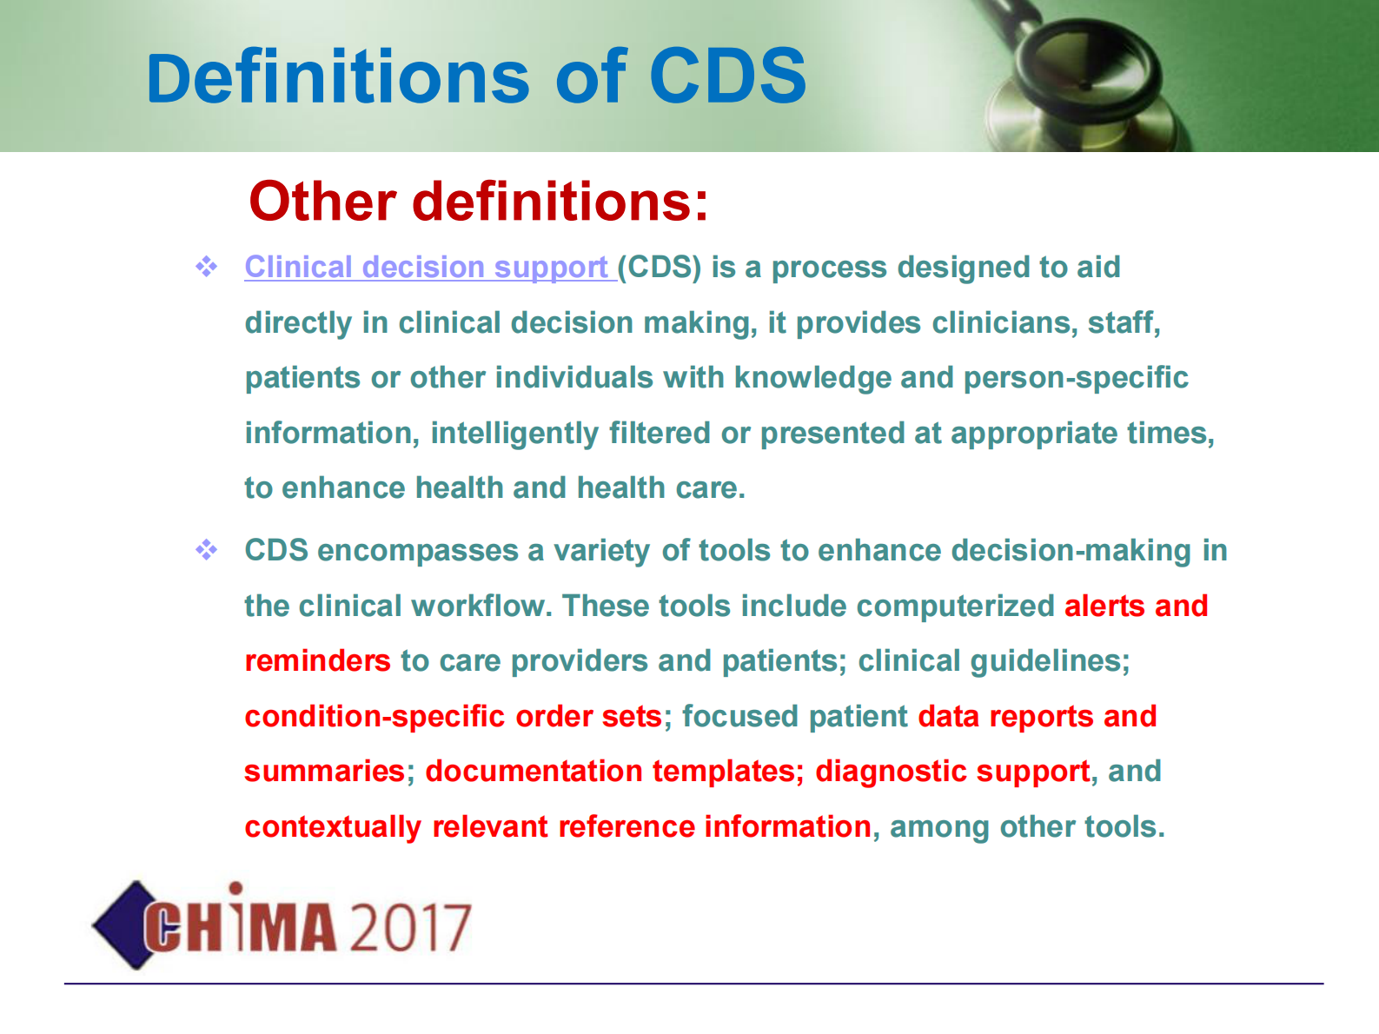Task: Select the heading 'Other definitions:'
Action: point(479,202)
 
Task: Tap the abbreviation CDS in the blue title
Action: point(727,76)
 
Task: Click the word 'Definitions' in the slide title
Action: point(338,76)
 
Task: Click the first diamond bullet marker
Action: point(206,267)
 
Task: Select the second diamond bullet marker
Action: point(206,550)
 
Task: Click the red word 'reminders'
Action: point(317,661)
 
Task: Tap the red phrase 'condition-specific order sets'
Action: point(453,717)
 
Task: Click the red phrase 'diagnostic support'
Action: point(952,772)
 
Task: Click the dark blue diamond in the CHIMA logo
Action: point(123,925)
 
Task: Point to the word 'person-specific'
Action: point(1076,378)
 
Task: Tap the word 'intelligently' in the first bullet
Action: point(514,434)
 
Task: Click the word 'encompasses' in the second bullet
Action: point(417,551)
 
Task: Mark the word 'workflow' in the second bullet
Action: point(482,606)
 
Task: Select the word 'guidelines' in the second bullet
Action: point(1049,661)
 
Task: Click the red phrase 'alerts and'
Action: point(1136,606)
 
